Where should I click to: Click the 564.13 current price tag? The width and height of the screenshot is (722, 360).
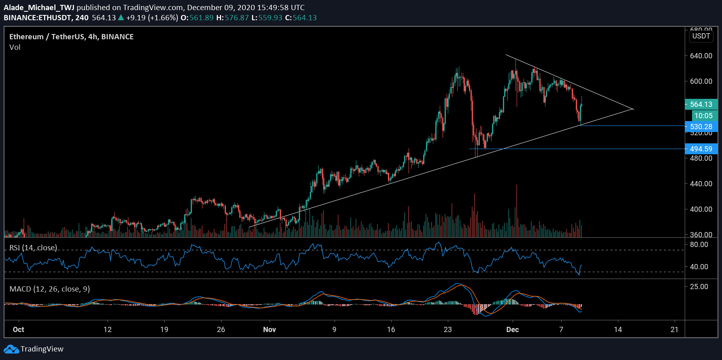point(701,104)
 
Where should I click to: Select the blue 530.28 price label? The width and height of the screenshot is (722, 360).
point(701,127)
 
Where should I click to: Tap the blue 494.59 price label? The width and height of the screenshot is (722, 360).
point(701,149)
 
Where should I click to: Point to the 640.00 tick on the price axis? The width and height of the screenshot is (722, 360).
point(701,56)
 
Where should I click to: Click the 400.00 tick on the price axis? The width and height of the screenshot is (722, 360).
point(701,209)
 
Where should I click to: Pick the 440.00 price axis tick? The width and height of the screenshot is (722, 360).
point(701,184)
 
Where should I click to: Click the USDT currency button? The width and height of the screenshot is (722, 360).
point(701,36)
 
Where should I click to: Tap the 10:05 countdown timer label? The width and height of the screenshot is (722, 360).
point(703,116)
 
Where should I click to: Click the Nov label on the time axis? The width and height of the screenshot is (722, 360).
point(269,330)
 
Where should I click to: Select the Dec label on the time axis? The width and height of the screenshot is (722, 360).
point(512,330)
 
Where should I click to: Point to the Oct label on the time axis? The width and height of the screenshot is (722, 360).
point(18,330)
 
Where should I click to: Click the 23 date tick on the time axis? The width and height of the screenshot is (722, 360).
point(447,330)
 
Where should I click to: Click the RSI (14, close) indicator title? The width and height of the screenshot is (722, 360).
point(33,248)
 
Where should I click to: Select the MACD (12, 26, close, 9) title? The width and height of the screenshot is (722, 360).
point(49,289)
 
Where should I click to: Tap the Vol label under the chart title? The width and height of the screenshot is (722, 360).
point(15,47)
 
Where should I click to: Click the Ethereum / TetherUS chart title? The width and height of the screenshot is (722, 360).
point(71,37)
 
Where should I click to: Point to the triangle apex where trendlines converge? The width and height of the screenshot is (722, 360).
point(633,109)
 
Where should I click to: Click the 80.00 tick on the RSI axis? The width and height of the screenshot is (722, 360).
point(699,245)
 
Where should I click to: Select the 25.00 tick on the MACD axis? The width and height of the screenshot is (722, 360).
point(699,287)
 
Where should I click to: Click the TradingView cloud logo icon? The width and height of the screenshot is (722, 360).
point(11,349)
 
